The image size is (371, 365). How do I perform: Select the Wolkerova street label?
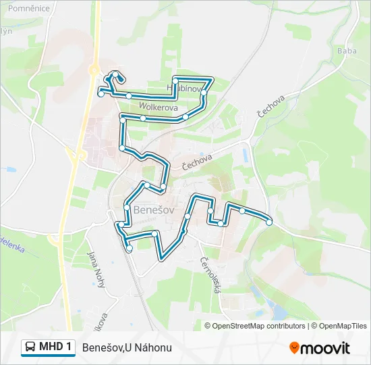coord(158,107)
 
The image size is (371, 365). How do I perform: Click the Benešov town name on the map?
coord(154,210)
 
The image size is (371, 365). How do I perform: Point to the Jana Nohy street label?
coord(96,269)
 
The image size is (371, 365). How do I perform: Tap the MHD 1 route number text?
coord(55,347)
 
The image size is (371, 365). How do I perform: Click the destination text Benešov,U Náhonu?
coord(127,347)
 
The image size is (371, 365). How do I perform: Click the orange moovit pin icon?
coord(295,347)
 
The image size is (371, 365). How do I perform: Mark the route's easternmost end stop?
coord(269,222)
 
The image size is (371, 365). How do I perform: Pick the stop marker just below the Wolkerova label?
coord(143,118)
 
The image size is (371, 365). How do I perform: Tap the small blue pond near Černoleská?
coord(278,312)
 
